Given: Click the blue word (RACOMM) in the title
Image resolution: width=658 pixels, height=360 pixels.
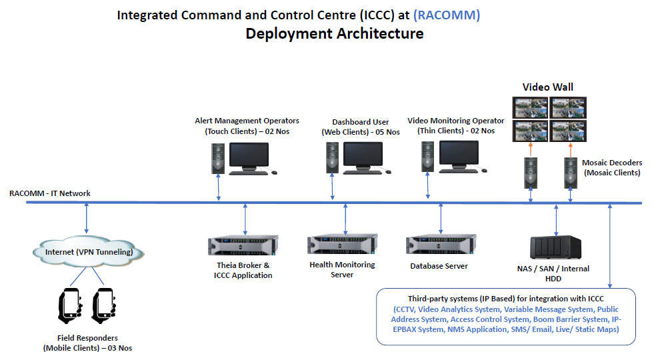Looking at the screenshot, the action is point(447,15).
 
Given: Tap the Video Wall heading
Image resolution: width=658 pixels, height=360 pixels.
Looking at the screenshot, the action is point(547,87).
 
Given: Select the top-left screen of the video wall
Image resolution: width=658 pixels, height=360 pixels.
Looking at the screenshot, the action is point(530,107).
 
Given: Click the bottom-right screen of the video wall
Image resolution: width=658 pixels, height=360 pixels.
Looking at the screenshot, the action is point(568,131).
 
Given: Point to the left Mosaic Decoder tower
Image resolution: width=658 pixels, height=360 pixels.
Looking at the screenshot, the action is point(531,173).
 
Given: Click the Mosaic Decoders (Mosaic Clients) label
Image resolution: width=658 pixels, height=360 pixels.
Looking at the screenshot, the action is point(612,167).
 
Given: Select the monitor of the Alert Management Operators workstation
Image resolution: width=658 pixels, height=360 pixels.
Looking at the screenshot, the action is point(249,156).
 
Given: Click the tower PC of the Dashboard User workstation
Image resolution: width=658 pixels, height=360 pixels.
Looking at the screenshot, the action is point(333,157).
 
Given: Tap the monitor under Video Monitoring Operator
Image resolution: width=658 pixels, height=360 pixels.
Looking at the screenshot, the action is point(459,155).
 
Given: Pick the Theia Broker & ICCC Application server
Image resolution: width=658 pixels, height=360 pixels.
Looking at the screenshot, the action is point(243,245).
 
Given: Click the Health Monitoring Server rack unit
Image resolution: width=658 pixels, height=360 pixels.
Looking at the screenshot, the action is point(343,244).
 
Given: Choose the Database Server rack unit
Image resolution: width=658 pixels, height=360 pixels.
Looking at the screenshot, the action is point(441,244).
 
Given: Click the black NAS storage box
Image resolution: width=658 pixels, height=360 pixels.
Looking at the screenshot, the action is point(555,247).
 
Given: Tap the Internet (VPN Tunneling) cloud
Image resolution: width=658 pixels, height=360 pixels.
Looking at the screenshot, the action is point(89,252).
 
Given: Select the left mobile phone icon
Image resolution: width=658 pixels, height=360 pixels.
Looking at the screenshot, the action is point(70,305).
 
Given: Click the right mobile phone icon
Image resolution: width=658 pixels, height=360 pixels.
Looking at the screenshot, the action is point(103,305).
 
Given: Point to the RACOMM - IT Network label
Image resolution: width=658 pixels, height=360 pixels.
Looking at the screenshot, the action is point(50,193).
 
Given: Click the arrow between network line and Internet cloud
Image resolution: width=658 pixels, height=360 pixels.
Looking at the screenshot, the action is point(87,218).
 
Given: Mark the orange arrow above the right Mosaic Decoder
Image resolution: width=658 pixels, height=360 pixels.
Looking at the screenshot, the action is point(570,150).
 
